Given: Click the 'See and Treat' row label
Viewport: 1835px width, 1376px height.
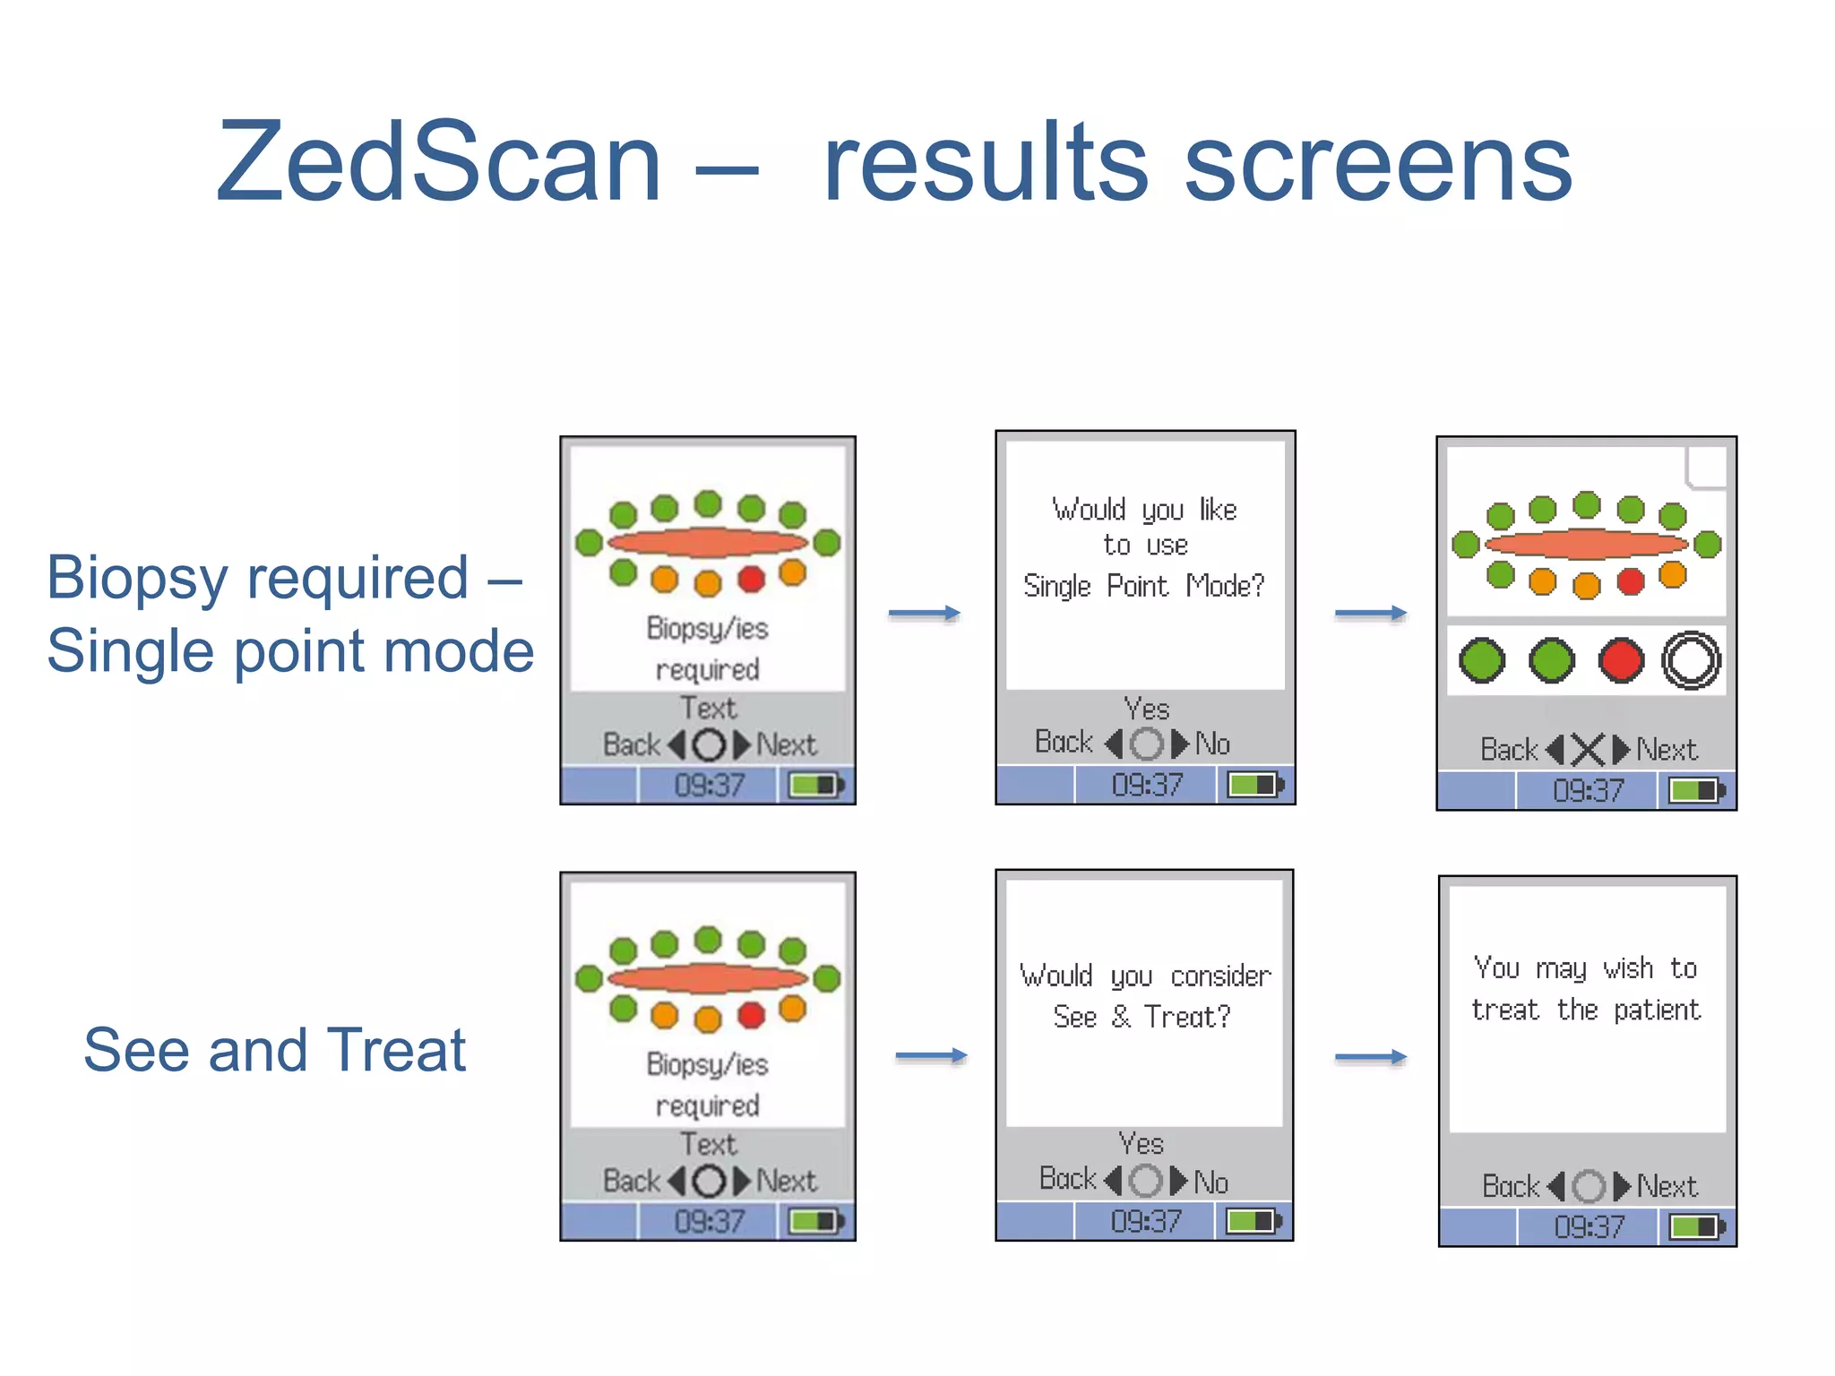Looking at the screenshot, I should click(x=274, y=1050).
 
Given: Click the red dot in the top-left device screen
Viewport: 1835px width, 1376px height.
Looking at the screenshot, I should click(x=751, y=580).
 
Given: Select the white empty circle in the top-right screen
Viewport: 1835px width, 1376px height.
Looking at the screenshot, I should click(x=1691, y=661).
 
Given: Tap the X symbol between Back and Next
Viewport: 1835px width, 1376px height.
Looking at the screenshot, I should click(x=1588, y=750).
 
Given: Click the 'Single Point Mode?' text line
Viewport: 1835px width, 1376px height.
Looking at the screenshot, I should click(x=1143, y=586).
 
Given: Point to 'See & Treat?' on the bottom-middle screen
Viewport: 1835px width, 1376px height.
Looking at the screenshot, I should click(x=1141, y=1017).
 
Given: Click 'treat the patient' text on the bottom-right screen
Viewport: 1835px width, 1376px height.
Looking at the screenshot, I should click(x=1585, y=1010).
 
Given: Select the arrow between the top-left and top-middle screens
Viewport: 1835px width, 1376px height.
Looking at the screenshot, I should click(x=924, y=614).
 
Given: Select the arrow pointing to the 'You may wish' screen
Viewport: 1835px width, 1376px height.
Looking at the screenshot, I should click(x=1370, y=1058).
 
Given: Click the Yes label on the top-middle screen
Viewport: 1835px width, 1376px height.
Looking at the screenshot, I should click(x=1146, y=709).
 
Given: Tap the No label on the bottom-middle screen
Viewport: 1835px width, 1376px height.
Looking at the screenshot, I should click(x=1211, y=1182).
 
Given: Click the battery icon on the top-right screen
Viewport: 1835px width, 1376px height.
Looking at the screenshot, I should click(x=1694, y=790).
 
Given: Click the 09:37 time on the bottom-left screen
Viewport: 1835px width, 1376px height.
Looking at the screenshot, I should click(x=709, y=1222).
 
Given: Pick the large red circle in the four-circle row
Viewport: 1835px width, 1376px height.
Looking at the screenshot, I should click(x=1621, y=661).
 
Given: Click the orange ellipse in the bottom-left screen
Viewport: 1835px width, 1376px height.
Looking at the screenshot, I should click(x=708, y=978).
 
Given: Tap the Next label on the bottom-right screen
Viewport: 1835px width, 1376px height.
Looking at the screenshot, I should click(x=1667, y=1187).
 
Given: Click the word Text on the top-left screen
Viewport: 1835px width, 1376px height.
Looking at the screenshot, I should click(x=708, y=709).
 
